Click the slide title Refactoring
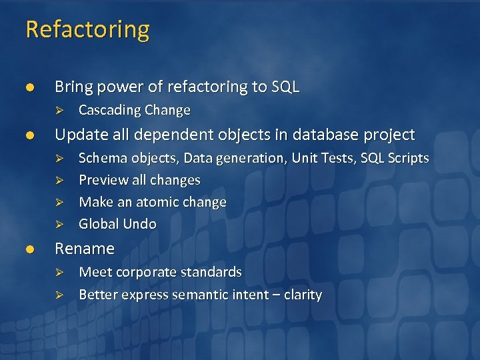pyautogui.click(x=87, y=30)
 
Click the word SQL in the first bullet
pyautogui.click(x=285, y=87)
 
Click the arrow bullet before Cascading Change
pyautogui.click(x=59, y=110)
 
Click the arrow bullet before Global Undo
pyautogui.click(x=59, y=224)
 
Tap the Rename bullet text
pyautogui.click(x=84, y=249)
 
